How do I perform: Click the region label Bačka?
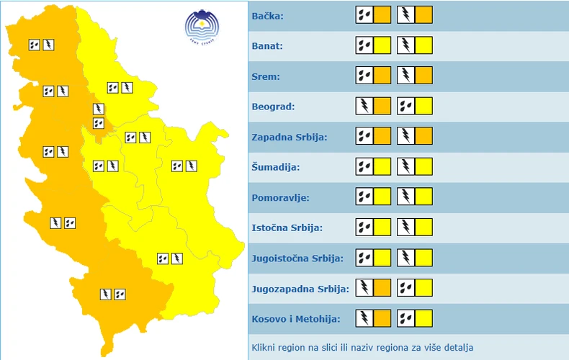click(x=268, y=16)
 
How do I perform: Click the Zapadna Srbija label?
click(x=289, y=137)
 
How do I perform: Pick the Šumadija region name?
click(x=276, y=167)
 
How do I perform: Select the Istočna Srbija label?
click(x=287, y=228)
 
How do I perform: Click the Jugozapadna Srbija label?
click(x=300, y=288)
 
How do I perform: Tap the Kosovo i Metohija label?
click(x=295, y=318)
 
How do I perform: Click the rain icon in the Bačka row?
click(x=364, y=15)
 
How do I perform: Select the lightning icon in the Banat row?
click(x=406, y=45)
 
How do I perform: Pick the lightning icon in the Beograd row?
click(x=365, y=106)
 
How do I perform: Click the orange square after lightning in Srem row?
click(x=424, y=76)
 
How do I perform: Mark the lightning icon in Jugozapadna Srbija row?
click(x=365, y=287)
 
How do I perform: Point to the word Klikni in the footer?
click(x=264, y=348)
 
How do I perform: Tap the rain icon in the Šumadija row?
click(x=364, y=166)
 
